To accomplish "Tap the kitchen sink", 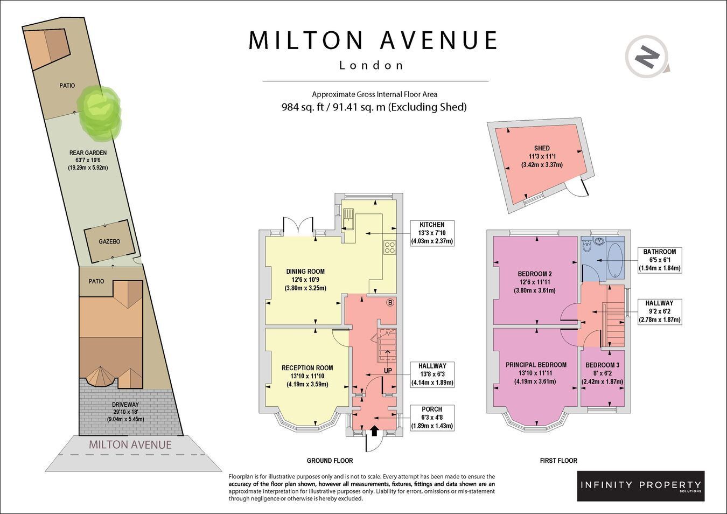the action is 348,219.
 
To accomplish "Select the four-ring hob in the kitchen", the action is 390,247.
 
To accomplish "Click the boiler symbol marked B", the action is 390,303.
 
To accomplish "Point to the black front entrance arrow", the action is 374,430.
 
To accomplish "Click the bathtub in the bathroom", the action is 616,260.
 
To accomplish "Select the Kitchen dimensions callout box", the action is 432,233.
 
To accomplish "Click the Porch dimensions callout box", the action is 432,418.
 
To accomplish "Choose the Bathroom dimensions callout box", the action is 660,260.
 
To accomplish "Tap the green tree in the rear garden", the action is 99,114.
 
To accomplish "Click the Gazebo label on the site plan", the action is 109,241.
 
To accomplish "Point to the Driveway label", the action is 125,405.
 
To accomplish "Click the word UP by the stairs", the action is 388,371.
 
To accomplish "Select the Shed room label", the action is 542,148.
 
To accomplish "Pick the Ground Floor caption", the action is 330,461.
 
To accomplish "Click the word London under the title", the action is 371,65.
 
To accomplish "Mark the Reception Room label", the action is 307,368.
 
